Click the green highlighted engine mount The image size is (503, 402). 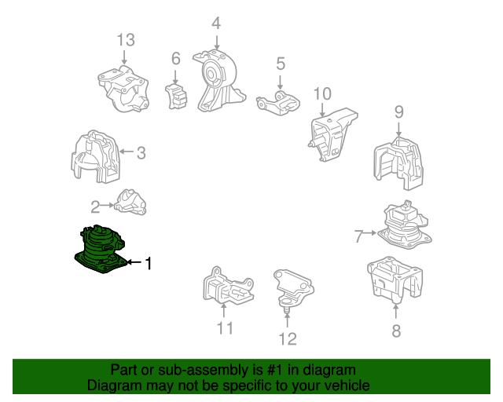point(100,250)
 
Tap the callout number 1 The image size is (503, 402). point(148,263)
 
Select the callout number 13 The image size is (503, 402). point(126,40)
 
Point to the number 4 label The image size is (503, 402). point(217,24)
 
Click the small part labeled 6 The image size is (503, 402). point(176,96)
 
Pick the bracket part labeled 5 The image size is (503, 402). point(278,103)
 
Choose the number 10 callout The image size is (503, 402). point(322,94)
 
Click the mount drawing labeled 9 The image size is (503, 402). point(398,163)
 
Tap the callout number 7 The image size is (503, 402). point(358,236)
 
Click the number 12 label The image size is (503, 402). point(288,339)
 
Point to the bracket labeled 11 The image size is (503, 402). point(228,287)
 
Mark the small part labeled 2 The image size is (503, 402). point(131,202)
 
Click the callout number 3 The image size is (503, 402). point(141,153)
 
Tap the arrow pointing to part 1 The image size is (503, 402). point(134,262)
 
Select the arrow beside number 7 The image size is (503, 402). point(370,232)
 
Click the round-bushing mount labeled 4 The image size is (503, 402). point(219,80)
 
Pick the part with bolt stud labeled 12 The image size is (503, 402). point(293,288)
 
